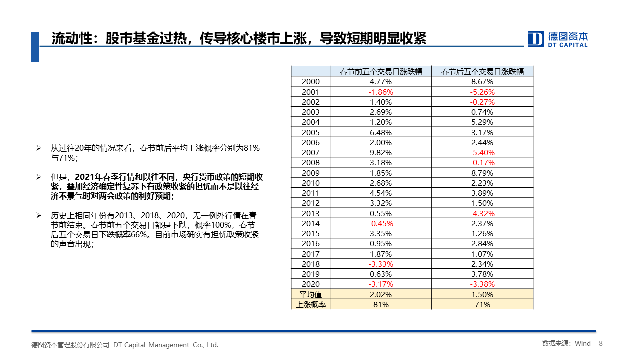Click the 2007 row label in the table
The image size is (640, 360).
311,153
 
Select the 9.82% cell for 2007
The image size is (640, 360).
381,153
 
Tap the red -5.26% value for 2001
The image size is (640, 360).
482,92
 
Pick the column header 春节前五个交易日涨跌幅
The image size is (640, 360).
381,71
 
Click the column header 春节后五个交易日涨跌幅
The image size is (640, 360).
482,71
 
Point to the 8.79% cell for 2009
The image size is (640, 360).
482,173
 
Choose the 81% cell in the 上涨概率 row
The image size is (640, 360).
381,305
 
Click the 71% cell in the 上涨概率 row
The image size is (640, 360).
482,305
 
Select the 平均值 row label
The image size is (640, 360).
310,294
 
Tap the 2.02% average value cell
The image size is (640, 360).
381,294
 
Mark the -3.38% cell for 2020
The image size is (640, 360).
482,284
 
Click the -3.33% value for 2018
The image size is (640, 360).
381,264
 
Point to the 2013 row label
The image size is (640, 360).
311,213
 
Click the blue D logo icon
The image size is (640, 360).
535,39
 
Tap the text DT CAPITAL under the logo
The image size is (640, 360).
567,45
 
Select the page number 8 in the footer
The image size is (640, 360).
601,343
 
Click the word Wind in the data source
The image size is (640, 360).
583,343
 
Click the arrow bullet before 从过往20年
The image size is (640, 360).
39,148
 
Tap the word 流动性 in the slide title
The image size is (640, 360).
68,38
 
